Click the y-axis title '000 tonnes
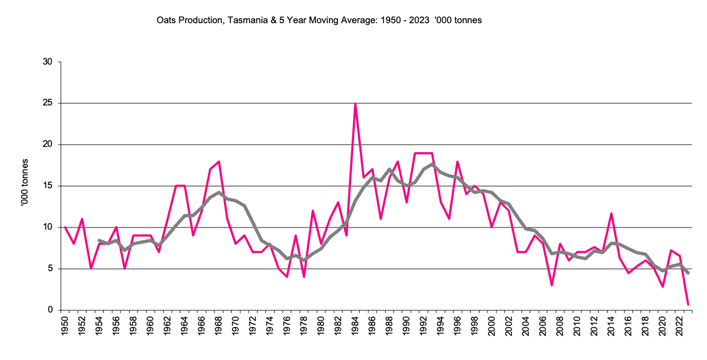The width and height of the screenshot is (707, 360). point(25,186)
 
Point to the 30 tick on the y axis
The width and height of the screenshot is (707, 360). point(47,62)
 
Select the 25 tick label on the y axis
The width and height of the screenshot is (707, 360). point(47,103)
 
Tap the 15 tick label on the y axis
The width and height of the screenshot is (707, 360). point(47,186)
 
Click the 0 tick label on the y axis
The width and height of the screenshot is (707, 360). point(50,310)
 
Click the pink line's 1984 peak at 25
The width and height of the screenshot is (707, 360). point(355,104)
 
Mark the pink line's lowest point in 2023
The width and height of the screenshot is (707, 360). point(688,304)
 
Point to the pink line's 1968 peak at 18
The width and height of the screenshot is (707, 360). point(219,162)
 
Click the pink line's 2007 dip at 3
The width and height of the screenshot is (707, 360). point(551,285)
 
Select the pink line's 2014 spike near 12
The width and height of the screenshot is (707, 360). point(611,214)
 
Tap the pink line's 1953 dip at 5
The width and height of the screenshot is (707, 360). point(91,268)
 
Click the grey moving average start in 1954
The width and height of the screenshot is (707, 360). point(99,240)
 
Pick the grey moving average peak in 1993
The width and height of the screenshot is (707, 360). point(432,164)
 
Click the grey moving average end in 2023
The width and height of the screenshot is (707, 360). point(688,273)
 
